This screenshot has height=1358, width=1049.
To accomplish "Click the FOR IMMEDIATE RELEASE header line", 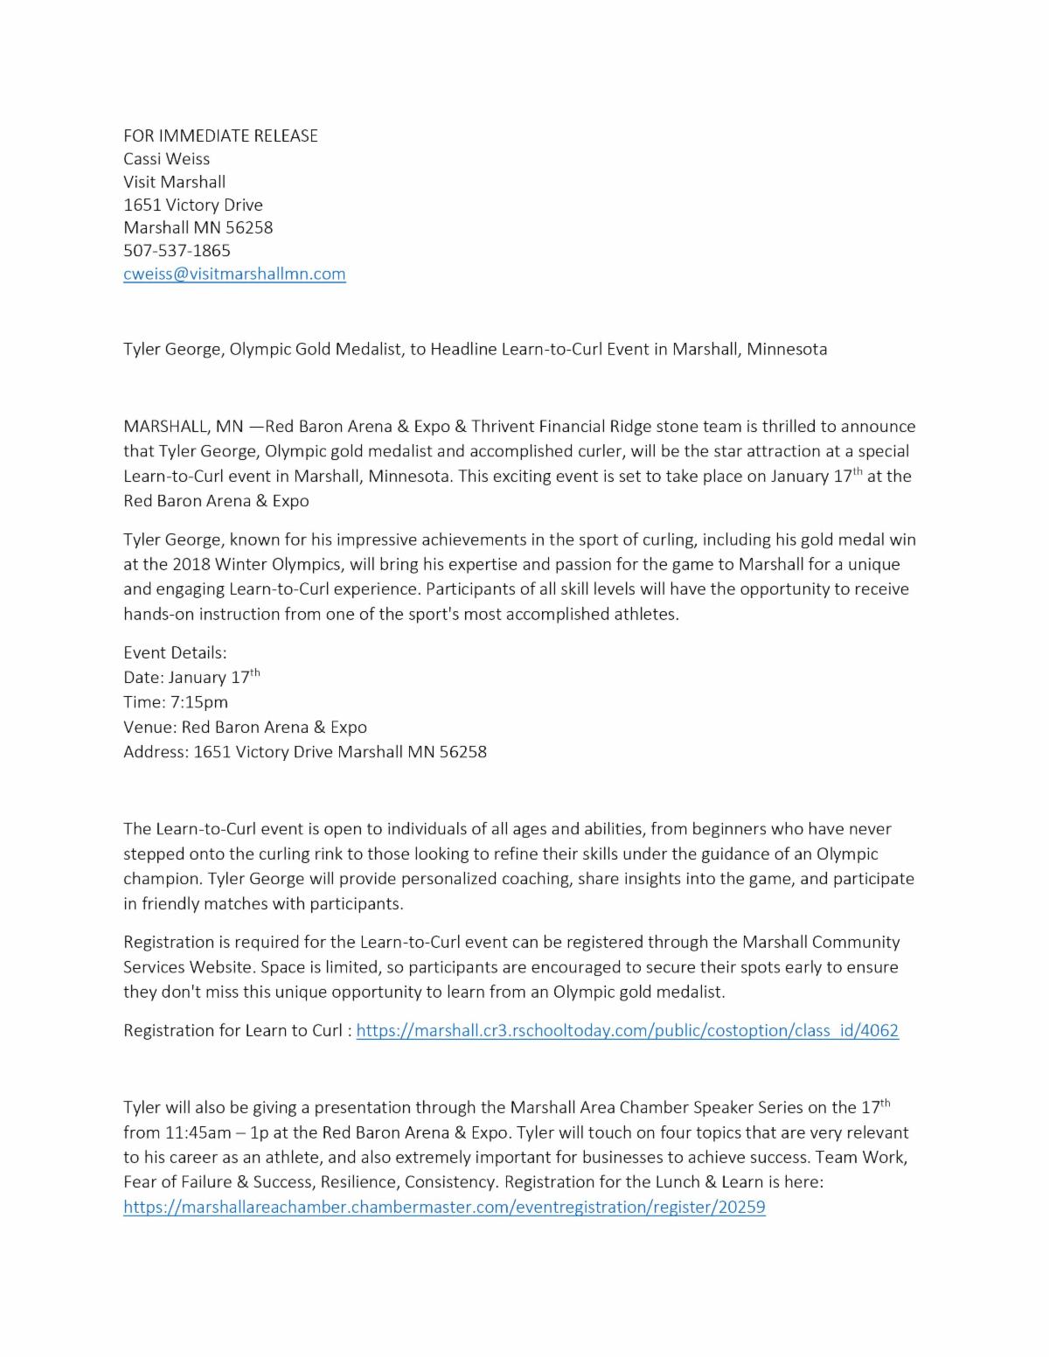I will (220, 136).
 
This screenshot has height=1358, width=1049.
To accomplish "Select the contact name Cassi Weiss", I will (166, 158).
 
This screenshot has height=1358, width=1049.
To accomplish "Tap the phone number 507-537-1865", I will (177, 250).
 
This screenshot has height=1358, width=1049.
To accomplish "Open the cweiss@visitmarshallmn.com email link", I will (234, 274).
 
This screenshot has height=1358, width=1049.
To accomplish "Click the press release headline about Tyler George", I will (475, 349).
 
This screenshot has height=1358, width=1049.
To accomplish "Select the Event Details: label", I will (175, 652).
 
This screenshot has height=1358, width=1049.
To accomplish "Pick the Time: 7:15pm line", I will (176, 701).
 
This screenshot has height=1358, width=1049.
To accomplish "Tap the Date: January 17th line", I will (191, 678).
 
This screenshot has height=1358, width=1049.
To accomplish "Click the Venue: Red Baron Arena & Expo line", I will (245, 727).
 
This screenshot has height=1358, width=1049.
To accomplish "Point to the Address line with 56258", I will (305, 751).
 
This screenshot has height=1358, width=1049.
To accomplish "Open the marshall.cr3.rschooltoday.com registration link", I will (627, 1030).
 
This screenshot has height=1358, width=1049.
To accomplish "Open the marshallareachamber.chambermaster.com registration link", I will (444, 1208).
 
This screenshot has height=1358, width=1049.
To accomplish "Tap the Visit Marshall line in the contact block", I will (174, 182).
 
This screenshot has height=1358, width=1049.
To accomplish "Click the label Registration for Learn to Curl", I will (233, 1030).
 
